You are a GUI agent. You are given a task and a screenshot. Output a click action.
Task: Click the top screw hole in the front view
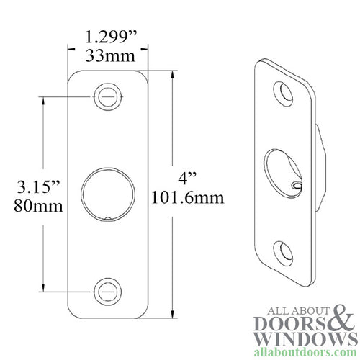[107, 94]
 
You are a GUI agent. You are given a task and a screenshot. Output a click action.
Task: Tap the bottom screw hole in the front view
[107, 291]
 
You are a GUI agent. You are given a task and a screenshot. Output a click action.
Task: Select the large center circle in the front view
[107, 192]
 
